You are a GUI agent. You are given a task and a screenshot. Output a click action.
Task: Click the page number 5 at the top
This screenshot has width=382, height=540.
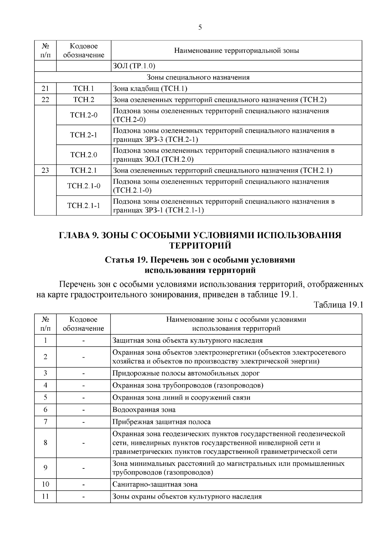[x=200, y=27]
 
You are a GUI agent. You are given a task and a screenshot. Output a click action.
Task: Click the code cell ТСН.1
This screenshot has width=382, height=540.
[x=83, y=88]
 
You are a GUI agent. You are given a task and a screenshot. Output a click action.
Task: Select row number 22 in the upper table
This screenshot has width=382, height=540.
[x=45, y=100]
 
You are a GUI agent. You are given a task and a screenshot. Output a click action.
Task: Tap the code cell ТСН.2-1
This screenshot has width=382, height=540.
[x=83, y=135]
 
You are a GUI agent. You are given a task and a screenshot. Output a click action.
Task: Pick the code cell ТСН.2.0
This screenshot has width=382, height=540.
[x=83, y=155]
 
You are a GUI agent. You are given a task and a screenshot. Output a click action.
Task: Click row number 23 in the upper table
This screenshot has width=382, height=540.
[x=45, y=170]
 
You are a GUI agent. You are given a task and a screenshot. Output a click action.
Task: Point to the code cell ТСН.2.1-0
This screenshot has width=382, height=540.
[x=83, y=186]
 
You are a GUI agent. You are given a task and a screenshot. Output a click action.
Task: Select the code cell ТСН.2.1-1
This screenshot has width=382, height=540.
[x=83, y=206]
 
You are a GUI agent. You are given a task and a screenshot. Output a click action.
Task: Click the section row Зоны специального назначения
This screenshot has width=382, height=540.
[x=198, y=77]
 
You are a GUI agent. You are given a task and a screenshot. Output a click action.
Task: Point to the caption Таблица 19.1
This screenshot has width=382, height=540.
[x=338, y=305]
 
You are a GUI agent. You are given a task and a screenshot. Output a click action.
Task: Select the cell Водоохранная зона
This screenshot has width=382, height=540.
[x=144, y=410]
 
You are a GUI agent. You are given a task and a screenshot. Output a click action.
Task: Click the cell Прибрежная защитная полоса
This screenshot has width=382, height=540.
[x=161, y=422]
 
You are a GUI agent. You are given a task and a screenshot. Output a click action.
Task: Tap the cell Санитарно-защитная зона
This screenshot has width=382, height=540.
[x=155, y=485]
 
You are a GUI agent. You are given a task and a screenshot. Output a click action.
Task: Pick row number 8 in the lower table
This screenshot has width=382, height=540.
[x=45, y=443]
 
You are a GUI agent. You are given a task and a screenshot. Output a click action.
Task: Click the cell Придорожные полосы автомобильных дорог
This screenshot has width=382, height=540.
[x=186, y=373]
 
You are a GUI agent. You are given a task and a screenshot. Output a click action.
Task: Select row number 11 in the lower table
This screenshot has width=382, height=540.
[x=45, y=496]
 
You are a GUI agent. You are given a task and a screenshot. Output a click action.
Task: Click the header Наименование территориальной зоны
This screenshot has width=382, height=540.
[x=236, y=51]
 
